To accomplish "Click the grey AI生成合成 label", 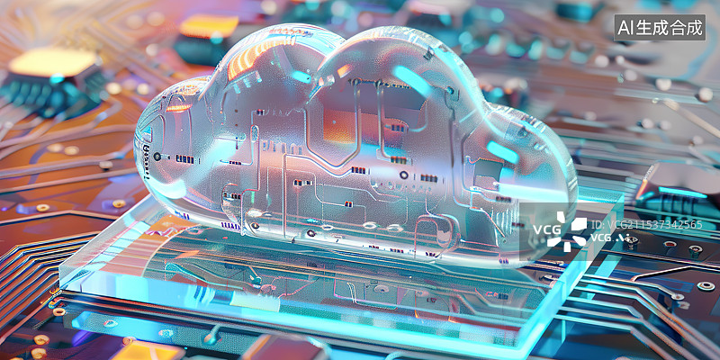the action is coord(660,28).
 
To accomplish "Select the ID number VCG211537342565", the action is coord(646,224).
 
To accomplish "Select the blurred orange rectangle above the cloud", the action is coord(208,26).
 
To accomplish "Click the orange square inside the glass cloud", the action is coord(340,124).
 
